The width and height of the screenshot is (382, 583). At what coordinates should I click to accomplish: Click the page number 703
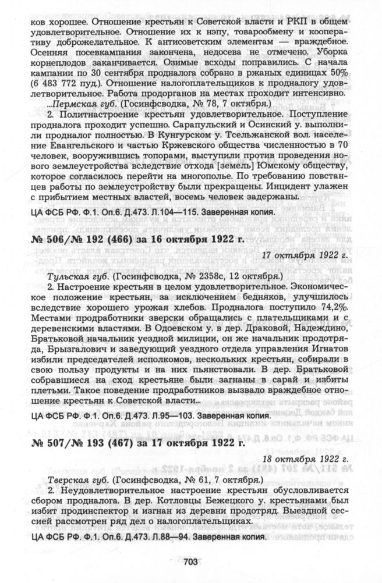pos(191,561)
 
